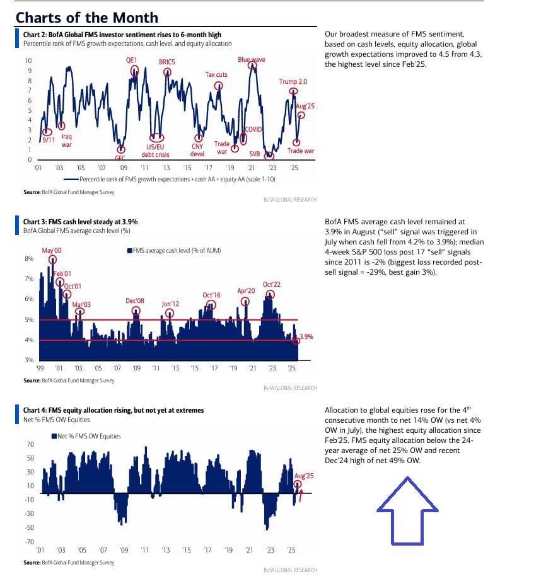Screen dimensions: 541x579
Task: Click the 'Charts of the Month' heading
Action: tap(87, 18)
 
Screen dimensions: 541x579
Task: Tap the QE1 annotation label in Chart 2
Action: tap(131, 60)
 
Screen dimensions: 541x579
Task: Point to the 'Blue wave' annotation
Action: tap(252, 59)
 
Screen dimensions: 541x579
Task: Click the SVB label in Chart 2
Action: tap(254, 154)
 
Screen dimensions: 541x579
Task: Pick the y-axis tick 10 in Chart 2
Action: tap(28, 60)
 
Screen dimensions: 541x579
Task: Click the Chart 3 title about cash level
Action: tap(80, 222)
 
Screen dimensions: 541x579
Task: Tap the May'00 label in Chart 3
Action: tap(52, 250)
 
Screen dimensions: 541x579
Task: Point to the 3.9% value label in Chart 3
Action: tap(306, 337)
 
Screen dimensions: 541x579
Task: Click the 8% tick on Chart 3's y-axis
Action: tap(29, 258)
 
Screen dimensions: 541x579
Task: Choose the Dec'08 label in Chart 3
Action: tap(135, 301)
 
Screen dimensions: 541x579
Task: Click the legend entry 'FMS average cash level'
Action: tap(174, 250)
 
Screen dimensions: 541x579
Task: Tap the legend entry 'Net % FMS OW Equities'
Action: tap(86, 436)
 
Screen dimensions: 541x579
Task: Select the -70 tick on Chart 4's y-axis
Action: tap(30, 542)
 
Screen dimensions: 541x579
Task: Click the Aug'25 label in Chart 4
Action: tap(304, 476)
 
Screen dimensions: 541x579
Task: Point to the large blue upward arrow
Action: tap(407, 511)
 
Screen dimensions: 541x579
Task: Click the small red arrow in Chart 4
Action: tap(301, 496)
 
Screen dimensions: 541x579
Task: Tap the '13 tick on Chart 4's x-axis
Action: tap(166, 550)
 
